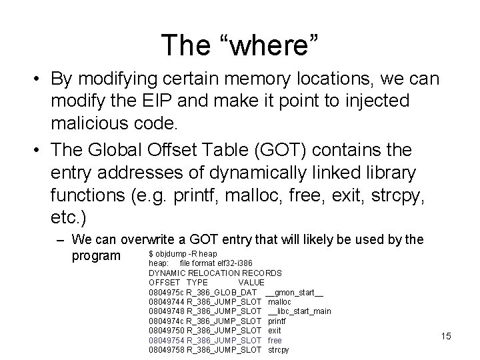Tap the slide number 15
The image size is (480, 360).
click(446, 336)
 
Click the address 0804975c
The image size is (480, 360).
click(167, 292)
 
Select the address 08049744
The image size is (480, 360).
click(167, 301)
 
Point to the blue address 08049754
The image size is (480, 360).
click(167, 339)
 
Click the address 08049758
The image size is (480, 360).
click(167, 349)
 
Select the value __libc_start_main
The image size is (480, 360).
click(299, 311)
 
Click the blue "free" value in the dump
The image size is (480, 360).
click(275, 339)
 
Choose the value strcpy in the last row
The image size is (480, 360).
click(279, 349)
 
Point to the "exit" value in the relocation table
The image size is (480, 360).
click(274, 330)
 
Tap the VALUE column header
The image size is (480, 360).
click(251, 282)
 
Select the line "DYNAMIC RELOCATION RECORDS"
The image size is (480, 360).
click(215, 273)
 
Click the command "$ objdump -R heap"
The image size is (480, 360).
click(182, 254)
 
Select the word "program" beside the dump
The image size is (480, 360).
click(96, 256)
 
